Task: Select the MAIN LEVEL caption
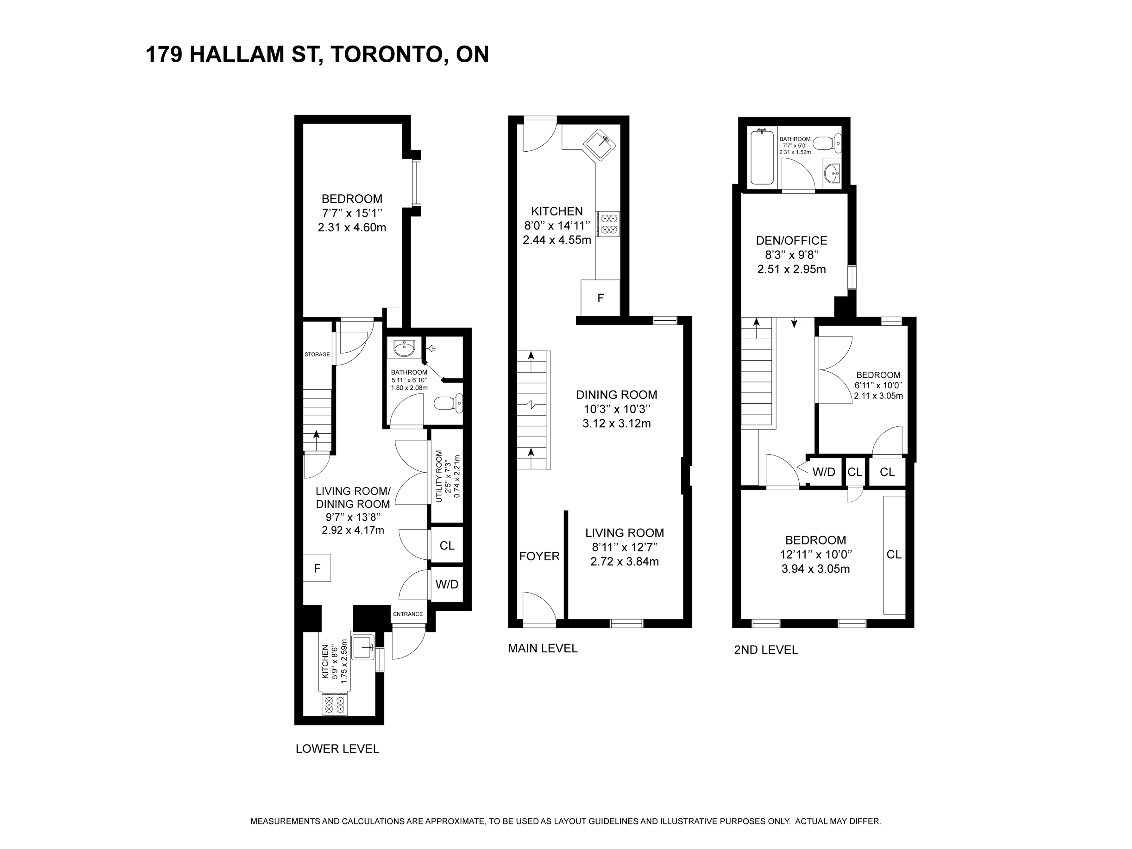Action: click(543, 648)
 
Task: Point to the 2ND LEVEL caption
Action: click(766, 650)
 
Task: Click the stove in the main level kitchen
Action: click(608, 224)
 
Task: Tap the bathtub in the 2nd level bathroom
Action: click(762, 157)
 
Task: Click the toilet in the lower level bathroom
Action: click(449, 404)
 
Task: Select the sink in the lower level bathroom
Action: click(404, 348)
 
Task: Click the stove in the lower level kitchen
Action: click(335, 704)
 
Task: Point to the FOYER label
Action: click(539, 556)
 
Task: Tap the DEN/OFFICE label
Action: click(792, 240)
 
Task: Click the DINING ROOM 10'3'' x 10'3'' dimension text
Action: click(617, 409)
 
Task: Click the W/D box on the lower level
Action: click(447, 584)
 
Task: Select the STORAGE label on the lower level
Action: click(317, 354)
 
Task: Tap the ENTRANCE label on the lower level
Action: click(408, 614)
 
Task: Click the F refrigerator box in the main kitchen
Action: click(600, 298)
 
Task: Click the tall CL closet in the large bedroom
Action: click(894, 555)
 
